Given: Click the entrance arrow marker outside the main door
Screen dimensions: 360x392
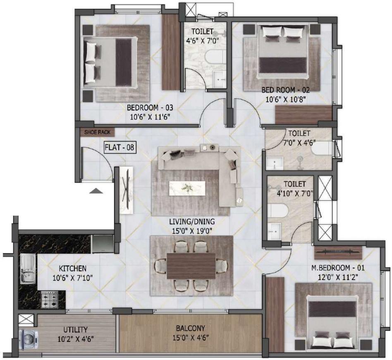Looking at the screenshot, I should [96, 191].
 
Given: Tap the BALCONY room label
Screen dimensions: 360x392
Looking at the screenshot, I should [190, 329].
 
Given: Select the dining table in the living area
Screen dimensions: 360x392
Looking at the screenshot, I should [191, 265].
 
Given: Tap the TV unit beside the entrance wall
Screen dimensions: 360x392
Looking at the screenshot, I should [127, 190].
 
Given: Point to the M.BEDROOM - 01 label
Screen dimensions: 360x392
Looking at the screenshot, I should [335, 269].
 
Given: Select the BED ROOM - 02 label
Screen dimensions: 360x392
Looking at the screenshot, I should [285, 90].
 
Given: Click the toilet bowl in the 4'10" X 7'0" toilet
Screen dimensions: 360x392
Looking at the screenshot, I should [276, 211].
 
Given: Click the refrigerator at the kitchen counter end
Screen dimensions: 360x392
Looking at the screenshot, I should [103, 244].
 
